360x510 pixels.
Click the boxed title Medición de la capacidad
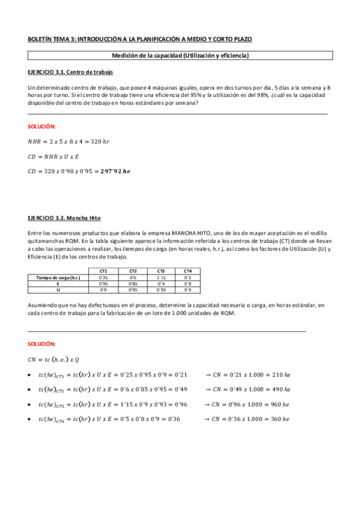180,56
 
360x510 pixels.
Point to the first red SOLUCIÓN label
41,126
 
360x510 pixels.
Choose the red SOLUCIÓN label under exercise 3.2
41,344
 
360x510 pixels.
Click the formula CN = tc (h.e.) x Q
54,360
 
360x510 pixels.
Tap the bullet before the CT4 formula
30,419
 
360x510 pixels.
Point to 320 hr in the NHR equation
98,141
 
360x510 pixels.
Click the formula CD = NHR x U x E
55,156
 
